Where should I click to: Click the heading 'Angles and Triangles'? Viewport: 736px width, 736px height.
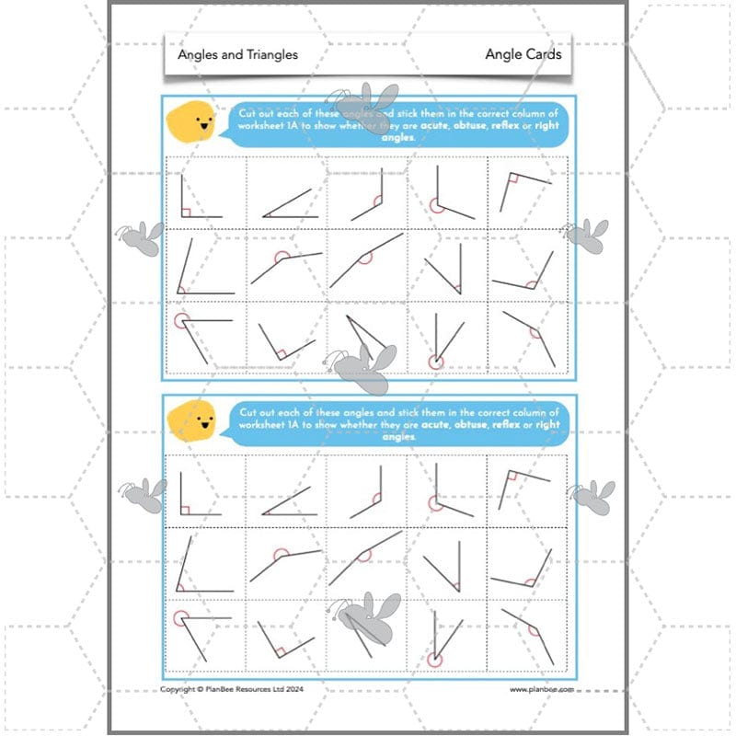pyautogui.click(x=238, y=54)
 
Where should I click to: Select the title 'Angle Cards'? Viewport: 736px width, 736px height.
pyautogui.click(x=523, y=54)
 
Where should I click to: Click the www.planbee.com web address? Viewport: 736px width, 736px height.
pyautogui.click(x=542, y=688)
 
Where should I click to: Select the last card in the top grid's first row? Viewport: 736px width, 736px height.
pyautogui.click(x=527, y=192)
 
